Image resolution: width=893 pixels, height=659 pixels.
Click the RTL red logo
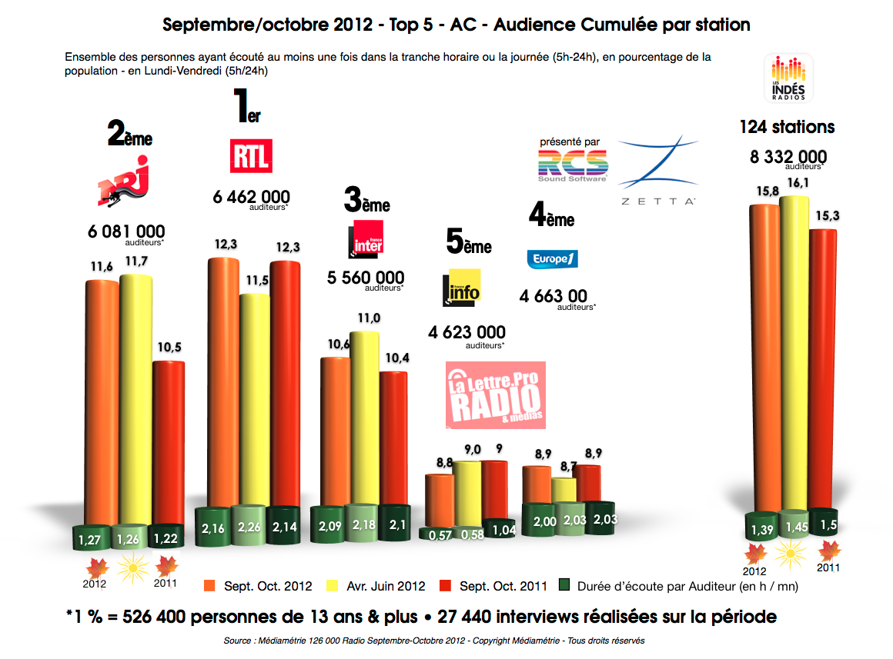tap(251, 156)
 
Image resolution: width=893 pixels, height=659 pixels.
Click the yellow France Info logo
tap(461, 288)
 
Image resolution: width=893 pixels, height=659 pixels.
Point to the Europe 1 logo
tap(552, 259)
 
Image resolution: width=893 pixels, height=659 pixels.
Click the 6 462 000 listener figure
tap(252, 197)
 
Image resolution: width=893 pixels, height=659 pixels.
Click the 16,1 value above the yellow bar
tap(794, 184)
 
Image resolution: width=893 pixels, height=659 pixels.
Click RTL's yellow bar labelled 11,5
tap(255, 400)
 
